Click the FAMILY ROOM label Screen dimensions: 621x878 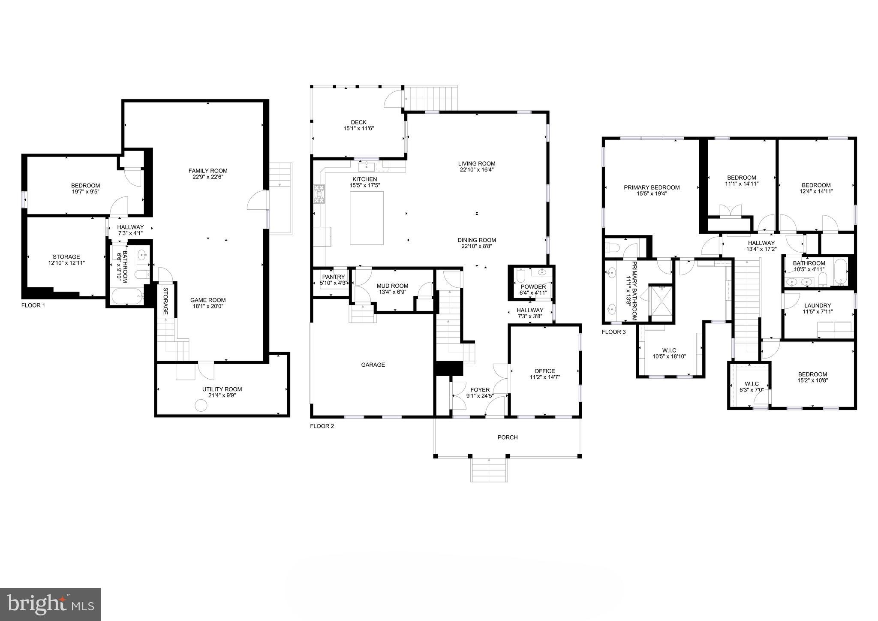(x=208, y=171)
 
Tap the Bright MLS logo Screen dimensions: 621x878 (x=51, y=604)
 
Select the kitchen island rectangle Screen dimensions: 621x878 (x=367, y=218)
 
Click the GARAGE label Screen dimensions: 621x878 (x=373, y=365)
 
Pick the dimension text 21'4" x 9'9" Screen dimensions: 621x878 (x=222, y=395)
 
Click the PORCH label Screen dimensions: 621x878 (x=507, y=437)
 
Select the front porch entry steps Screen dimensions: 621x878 (x=489, y=470)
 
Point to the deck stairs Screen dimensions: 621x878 (x=431, y=98)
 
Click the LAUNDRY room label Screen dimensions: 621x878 (x=817, y=306)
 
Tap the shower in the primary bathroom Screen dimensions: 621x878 (x=661, y=301)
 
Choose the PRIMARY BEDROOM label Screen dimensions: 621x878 (x=651, y=187)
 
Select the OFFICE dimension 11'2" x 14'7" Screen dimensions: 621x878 (x=544, y=377)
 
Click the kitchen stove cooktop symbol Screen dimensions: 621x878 (x=319, y=194)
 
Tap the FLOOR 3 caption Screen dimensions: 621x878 (x=613, y=332)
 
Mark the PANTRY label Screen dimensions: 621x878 (x=333, y=277)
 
